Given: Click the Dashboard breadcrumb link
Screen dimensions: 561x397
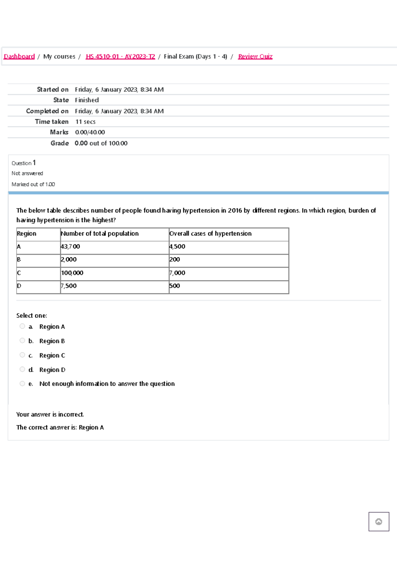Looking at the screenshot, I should point(19,56).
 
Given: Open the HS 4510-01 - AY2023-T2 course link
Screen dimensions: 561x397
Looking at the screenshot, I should point(120,56).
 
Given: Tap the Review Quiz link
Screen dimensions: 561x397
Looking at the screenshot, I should point(255,56).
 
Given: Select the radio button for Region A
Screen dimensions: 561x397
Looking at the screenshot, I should point(22,326).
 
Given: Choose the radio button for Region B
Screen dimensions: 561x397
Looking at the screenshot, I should point(22,341).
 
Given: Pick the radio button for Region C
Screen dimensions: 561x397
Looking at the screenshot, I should point(22,355).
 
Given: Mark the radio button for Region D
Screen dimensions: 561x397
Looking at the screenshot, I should point(22,369).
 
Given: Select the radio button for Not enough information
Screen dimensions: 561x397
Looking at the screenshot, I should point(22,384).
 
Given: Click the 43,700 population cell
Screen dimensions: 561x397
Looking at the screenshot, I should point(70,246).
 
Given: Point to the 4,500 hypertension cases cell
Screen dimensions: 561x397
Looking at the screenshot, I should point(177,246).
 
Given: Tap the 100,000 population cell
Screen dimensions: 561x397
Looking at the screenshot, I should point(72,273).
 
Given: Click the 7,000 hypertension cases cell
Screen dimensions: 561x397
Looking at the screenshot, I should point(177,273).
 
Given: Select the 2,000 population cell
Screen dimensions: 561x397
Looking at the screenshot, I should point(69,260).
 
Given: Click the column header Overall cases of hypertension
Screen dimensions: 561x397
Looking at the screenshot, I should point(210,234).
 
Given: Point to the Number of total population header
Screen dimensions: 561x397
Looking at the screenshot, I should point(100,234).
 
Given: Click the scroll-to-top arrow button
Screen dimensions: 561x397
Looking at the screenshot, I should point(379,522).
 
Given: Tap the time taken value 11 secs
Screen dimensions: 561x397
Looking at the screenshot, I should point(85,122).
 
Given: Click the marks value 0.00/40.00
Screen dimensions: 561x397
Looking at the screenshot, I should point(90,132).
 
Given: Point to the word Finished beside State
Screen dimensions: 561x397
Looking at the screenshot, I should point(87,100).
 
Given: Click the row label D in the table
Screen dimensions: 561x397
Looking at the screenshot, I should point(19,286).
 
